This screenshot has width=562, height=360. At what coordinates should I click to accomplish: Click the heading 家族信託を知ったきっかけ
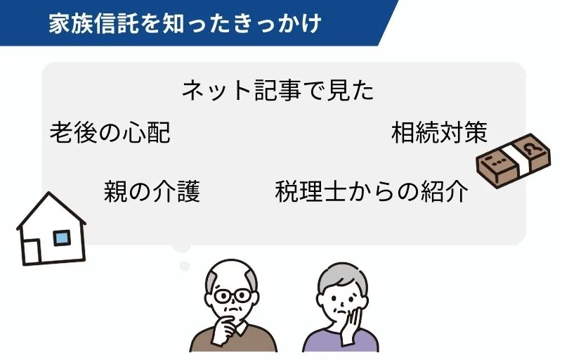coord(185,22)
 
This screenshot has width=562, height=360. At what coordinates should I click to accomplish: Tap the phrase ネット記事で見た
coord(277,91)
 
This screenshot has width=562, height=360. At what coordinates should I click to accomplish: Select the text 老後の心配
coord(110,132)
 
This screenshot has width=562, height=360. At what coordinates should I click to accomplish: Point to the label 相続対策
coord(439,132)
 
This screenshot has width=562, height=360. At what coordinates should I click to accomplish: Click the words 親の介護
coord(152,191)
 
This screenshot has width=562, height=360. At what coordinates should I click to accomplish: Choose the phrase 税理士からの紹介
coord(372,191)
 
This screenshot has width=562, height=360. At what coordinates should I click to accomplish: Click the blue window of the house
coord(63,238)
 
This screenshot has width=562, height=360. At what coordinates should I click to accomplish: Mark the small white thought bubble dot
coord(185,265)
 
